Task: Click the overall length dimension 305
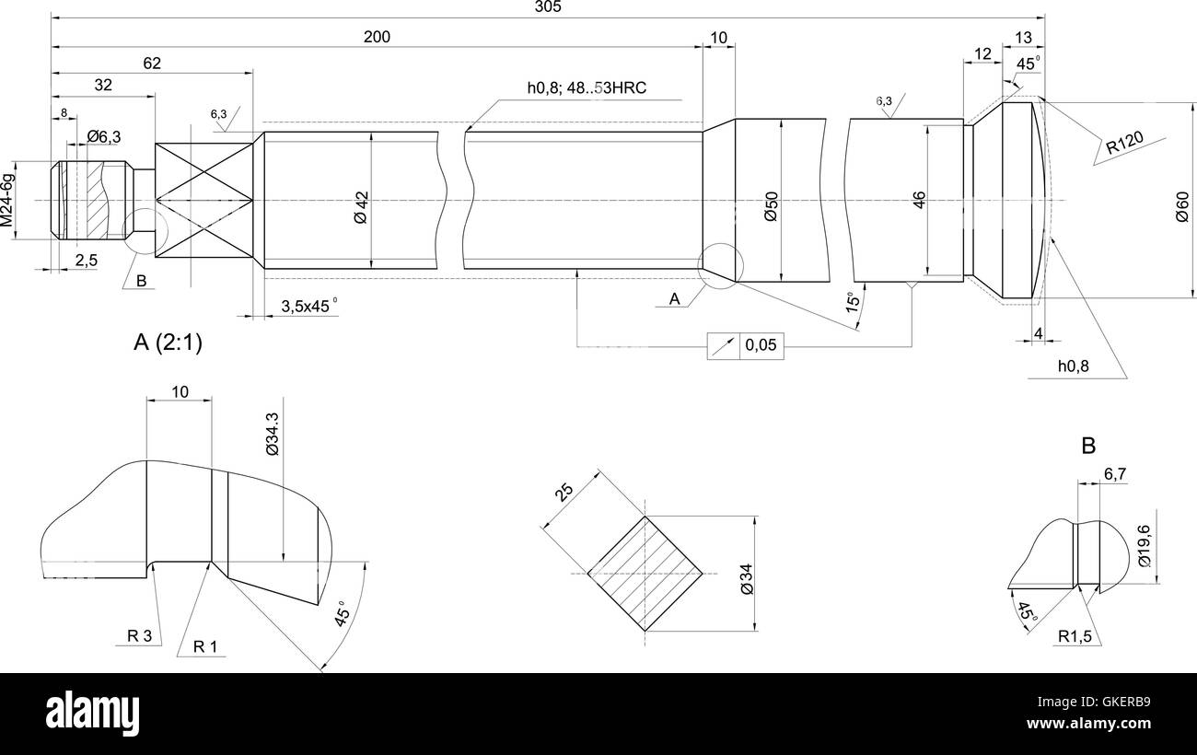(x=547, y=7)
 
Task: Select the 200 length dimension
(x=377, y=37)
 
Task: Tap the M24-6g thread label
(x=7, y=200)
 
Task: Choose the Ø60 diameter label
(x=1182, y=204)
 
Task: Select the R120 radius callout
(x=1124, y=142)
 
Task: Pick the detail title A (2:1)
(x=168, y=343)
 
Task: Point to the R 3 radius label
(x=140, y=635)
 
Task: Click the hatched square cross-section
(x=645, y=574)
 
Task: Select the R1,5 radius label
(x=1074, y=636)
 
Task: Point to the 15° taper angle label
(x=854, y=302)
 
